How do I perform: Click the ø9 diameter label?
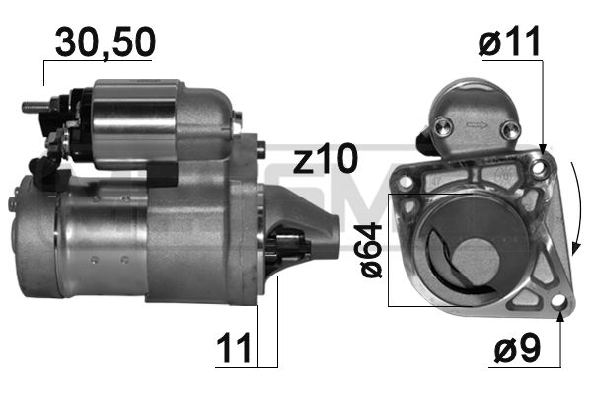pos(515,349)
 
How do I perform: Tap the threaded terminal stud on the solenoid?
pos(32,103)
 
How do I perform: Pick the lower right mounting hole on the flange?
pos(557,301)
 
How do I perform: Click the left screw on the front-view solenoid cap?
pos(444,124)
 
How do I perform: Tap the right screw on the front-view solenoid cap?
pos(509,128)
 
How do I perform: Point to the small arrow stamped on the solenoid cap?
pos(478,126)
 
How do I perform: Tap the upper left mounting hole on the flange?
pos(404,182)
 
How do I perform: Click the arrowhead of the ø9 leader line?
pos(560,315)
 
